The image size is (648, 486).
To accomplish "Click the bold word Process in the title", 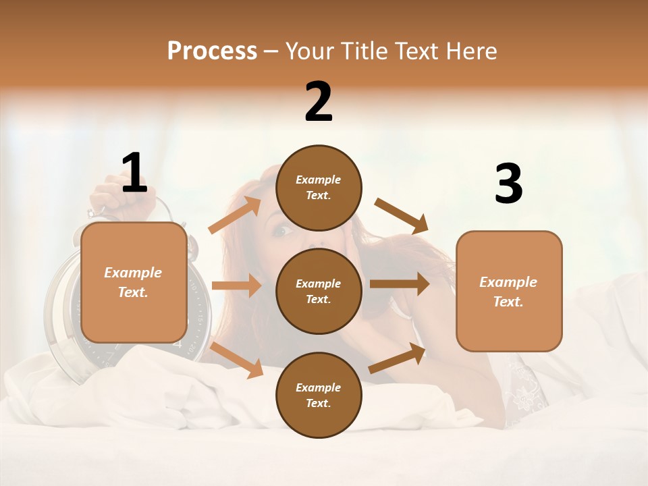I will [x=212, y=51].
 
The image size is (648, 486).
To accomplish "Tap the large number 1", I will [x=134, y=173].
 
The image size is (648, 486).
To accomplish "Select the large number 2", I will [x=319, y=102].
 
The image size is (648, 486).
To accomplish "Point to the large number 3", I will [x=508, y=184].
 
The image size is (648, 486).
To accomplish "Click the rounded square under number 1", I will [x=134, y=282].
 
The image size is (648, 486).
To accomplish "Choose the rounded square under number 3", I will [x=509, y=291].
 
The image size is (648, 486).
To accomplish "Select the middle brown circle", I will [x=319, y=291].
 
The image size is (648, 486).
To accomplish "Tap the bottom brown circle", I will [x=319, y=395].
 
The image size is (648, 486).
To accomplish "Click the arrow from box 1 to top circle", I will [x=234, y=215].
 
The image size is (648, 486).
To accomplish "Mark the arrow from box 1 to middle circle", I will [x=236, y=286].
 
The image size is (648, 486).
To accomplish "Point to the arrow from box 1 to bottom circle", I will [x=236, y=359].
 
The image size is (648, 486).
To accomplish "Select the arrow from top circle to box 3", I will [x=402, y=215].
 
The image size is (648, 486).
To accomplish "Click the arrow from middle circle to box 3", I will [x=400, y=283].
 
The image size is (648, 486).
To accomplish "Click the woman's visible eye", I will [x=281, y=231].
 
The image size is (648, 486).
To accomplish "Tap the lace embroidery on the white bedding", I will [x=526, y=391].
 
